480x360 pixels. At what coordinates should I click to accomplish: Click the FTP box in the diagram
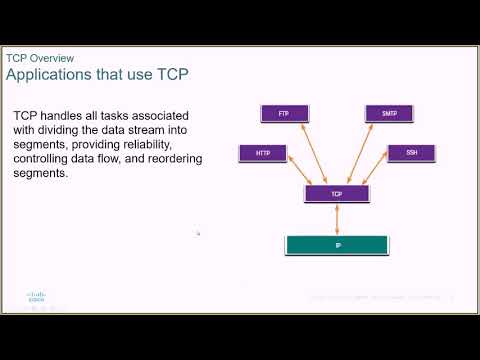click(x=283, y=114)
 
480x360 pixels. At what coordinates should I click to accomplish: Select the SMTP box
click(x=388, y=114)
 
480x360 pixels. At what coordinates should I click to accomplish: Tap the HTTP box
click(x=263, y=153)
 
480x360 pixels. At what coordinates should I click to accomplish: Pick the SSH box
click(x=411, y=153)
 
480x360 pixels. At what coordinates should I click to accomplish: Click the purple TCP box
click(x=337, y=192)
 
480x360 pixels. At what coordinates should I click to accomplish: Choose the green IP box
click(x=338, y=244)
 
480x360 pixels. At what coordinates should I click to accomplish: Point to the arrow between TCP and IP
click(x=338, y=218)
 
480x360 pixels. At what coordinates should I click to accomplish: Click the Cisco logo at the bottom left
click(x=36, y=298)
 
